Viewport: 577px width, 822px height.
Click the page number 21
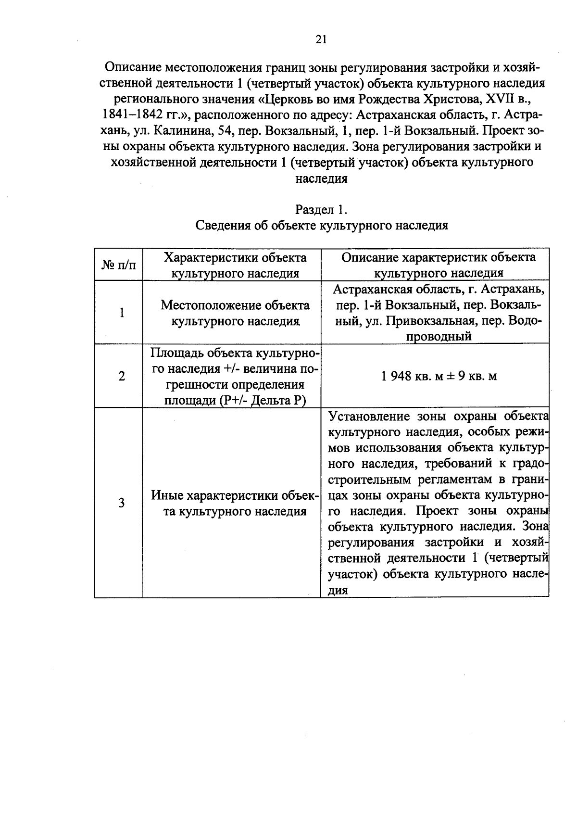[x=321, y=39]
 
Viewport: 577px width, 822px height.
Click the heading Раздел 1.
[x=321, y=210]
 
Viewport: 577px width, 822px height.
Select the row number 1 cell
[x=122, y=313]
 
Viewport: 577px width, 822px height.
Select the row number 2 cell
[x=122, y=376]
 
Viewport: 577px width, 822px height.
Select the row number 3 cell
[x=122, y=503]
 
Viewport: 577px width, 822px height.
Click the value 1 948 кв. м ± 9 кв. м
[x=439, y=376]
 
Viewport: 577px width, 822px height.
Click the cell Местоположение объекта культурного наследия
[x=235, y=313]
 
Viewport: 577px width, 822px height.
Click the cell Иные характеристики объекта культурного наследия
[x=235, y=503]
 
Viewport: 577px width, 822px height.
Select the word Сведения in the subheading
[x=222, y=226]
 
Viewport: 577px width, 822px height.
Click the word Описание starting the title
[x=133, y=67]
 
